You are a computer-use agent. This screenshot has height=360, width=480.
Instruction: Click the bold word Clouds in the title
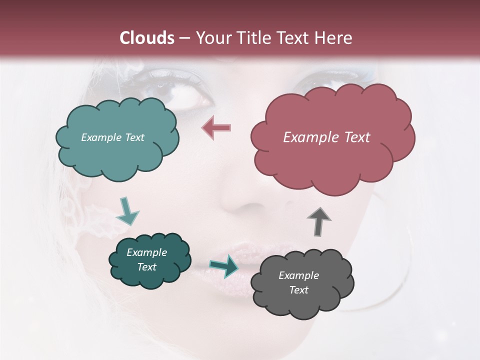click(x=147, y=38)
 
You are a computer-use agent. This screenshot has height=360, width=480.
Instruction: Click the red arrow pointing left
click(x=216, y=127)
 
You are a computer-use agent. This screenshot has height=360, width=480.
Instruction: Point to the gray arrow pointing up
click(x=319, y=220)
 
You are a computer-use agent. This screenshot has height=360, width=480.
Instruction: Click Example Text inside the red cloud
click(x=326, y=137)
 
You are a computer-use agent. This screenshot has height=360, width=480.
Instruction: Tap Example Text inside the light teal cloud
click(x=112, y=137)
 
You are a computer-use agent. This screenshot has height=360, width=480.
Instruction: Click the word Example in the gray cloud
click(x=298, y=275)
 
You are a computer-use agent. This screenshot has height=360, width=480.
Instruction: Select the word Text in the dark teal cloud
click(x=146, y=267)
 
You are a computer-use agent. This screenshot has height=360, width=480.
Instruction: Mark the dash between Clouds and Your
click(x=184, y=38)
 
